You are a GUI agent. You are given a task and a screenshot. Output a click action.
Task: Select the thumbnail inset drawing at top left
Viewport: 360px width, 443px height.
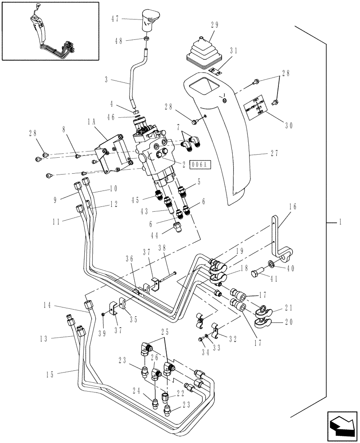(x=50, y=31)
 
